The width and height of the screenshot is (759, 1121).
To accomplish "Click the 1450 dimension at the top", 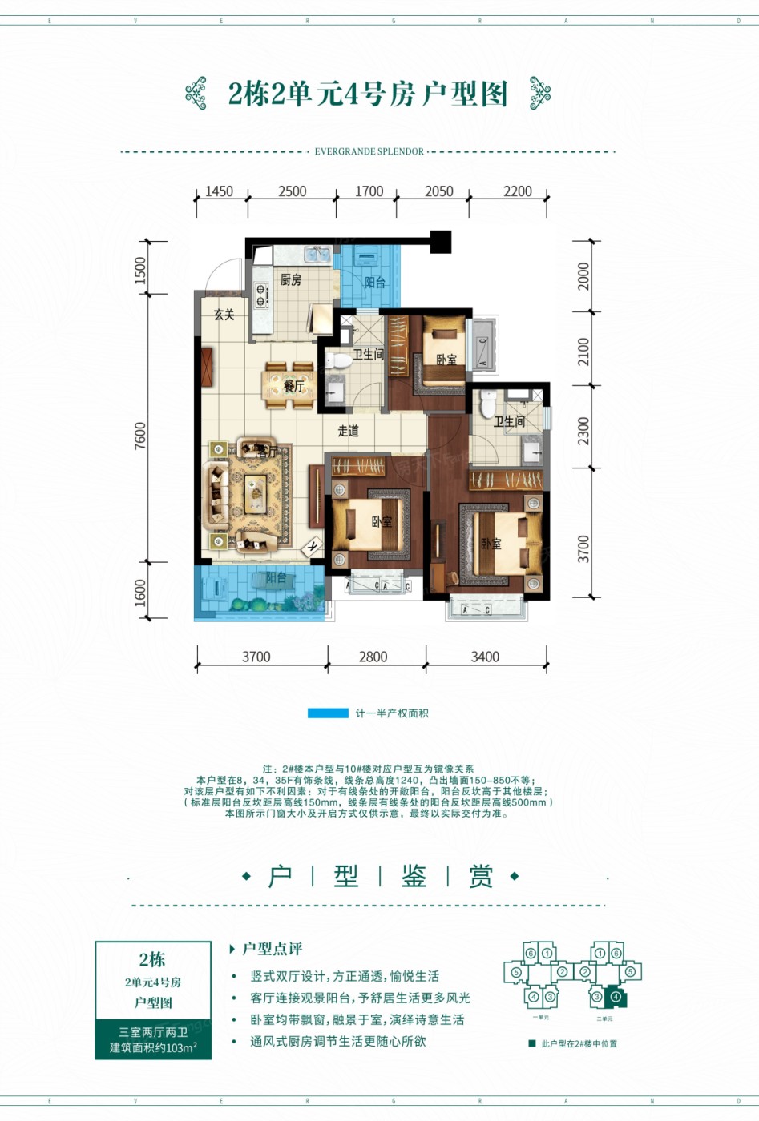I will coord(219,191).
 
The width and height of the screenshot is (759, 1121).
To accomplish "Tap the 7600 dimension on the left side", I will coord(141,436).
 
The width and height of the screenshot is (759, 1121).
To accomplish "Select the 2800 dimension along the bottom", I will coord(373,657).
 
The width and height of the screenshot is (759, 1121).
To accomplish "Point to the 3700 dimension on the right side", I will coord(583,548).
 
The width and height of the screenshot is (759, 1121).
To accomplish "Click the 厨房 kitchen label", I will coord(291,279).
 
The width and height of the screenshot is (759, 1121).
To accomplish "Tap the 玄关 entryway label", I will coord(224,315).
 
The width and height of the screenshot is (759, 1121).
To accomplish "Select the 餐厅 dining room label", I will coord(294,386).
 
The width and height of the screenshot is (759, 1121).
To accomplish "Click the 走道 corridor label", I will coord(348,431).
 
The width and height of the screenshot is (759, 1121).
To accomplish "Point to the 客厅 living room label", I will coord(267,452).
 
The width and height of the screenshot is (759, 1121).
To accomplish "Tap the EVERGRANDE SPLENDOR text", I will coord(369,151).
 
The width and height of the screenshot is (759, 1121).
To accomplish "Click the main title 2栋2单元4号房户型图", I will coord(368,94).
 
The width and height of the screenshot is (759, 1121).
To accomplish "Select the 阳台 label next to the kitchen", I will coord(375,283).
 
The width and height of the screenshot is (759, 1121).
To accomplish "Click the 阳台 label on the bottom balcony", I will coord(276,577).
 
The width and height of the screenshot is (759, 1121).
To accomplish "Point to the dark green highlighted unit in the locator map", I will coord(616,998).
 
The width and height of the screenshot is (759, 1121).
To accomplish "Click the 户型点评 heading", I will coord(272,949).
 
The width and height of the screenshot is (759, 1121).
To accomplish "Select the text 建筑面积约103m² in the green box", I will coord(153,1047).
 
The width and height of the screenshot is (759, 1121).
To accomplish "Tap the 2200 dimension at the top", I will coord(518,191).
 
